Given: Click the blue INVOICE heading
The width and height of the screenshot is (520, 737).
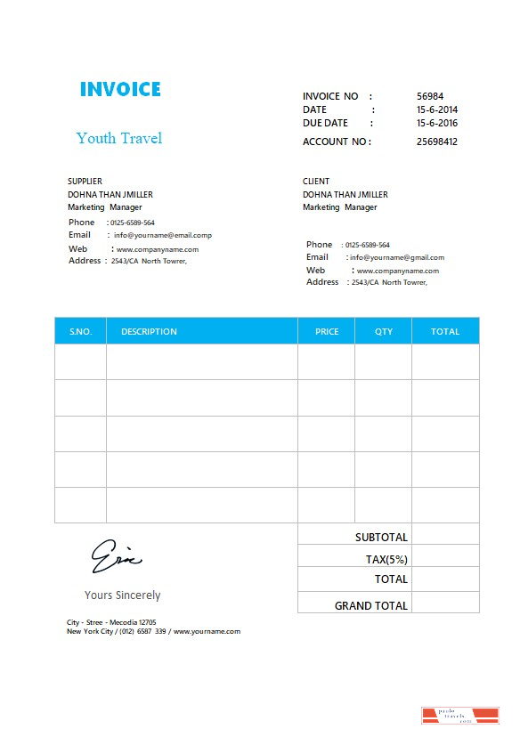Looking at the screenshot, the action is point(120,90).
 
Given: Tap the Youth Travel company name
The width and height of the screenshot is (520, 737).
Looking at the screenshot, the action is point(119,138).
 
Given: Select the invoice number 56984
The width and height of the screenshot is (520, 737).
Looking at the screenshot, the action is point(430,96).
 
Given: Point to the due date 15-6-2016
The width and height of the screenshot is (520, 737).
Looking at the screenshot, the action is point(437,124).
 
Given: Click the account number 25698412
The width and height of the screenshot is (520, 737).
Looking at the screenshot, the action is point(437,142).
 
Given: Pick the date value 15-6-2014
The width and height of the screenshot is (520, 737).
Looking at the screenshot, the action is point(437,110).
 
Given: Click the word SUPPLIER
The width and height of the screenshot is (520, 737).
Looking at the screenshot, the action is point(85,182).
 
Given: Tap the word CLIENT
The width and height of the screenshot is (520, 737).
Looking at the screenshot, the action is point(316,182).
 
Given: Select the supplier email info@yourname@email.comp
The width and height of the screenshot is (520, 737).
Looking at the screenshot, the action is point(162,236).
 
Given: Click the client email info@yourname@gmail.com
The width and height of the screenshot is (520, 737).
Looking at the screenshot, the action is point(396,258).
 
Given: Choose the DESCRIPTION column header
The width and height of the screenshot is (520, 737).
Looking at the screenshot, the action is point(149,332).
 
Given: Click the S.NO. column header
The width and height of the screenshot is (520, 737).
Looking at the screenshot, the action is point(80,332).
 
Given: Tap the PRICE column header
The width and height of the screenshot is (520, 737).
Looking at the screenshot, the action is point(327,332).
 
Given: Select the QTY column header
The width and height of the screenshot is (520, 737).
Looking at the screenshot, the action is point(383,332).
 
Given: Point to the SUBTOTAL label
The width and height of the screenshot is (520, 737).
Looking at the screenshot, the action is point(381,538).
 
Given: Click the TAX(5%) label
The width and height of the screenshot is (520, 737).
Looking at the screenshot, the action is point(386,560).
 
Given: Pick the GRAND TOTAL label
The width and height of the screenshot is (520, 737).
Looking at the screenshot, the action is point(371,605).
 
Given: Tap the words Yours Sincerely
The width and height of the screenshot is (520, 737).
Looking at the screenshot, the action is point(122,595).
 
